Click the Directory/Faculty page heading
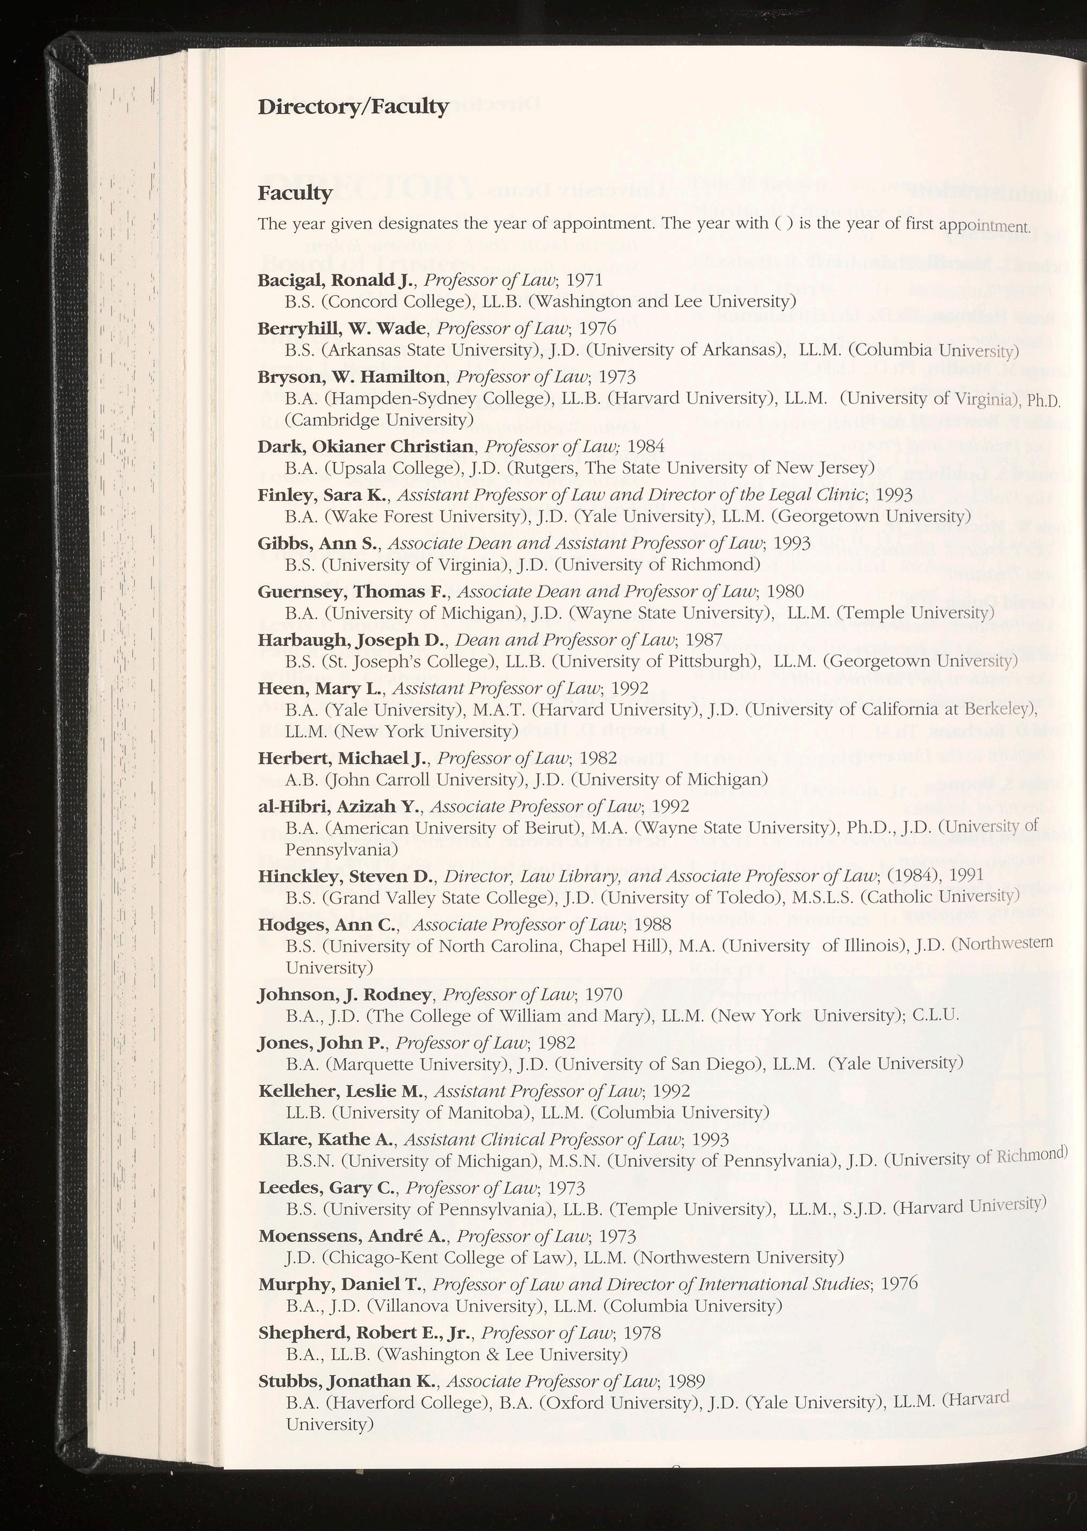tap(353, 107)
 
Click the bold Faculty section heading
tap(295, 193)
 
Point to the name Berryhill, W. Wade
tap(342, 328)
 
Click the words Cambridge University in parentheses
tap(379, 420)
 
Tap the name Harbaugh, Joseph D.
tap(352, 640)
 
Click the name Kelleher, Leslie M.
tap(341, 1091)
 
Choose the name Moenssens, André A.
tap(354, 1236)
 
